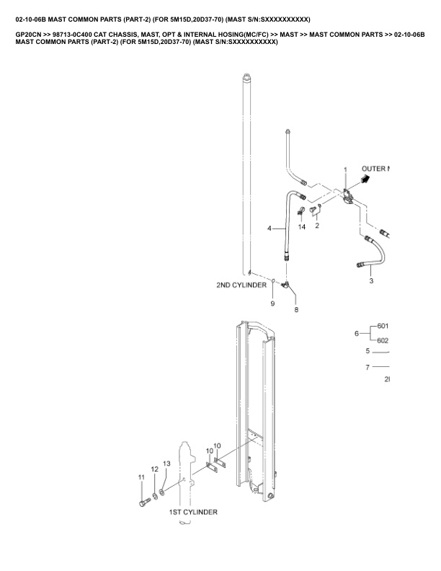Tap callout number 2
click(317, 226)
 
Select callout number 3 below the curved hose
click(371, 281)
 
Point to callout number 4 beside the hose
click(269, 228)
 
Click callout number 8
click(295, 309)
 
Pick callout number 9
click(272, 304)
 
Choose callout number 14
click(302, 226)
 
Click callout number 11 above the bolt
click(141, 477)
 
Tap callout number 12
click(154, 469)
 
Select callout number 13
click(166, 464)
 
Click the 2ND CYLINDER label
click(241, 285)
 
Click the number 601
click(383, 326)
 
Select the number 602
click(383, 341)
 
